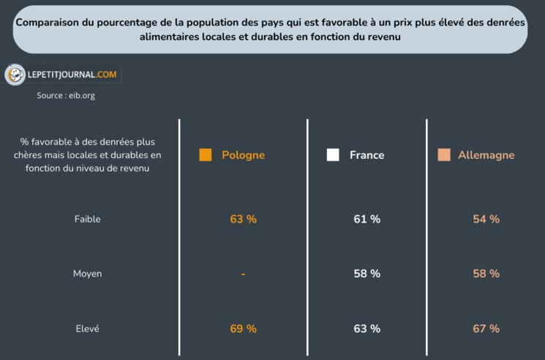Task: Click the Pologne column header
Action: point(243,155)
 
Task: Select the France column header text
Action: point(367,155)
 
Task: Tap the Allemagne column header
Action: point(486,155)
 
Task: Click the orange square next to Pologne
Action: point(206,155)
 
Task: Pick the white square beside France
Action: point(333,155)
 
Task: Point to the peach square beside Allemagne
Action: point(443,155)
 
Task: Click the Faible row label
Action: point(87,219)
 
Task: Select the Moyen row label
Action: point(87,274)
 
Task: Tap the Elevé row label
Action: point(87,329)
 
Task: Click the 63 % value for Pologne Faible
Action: point(243,219)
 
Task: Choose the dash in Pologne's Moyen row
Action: point(243,274)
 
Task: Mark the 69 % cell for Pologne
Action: point(243,329)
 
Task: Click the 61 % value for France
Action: point(367,219)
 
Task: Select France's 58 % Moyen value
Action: point(367,274)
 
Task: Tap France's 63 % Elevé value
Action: point(367,329)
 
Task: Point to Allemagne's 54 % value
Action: point(486,219)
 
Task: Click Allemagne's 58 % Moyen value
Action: point(486,274)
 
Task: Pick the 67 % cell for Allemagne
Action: point(486,329)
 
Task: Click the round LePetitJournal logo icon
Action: point(15,74)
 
